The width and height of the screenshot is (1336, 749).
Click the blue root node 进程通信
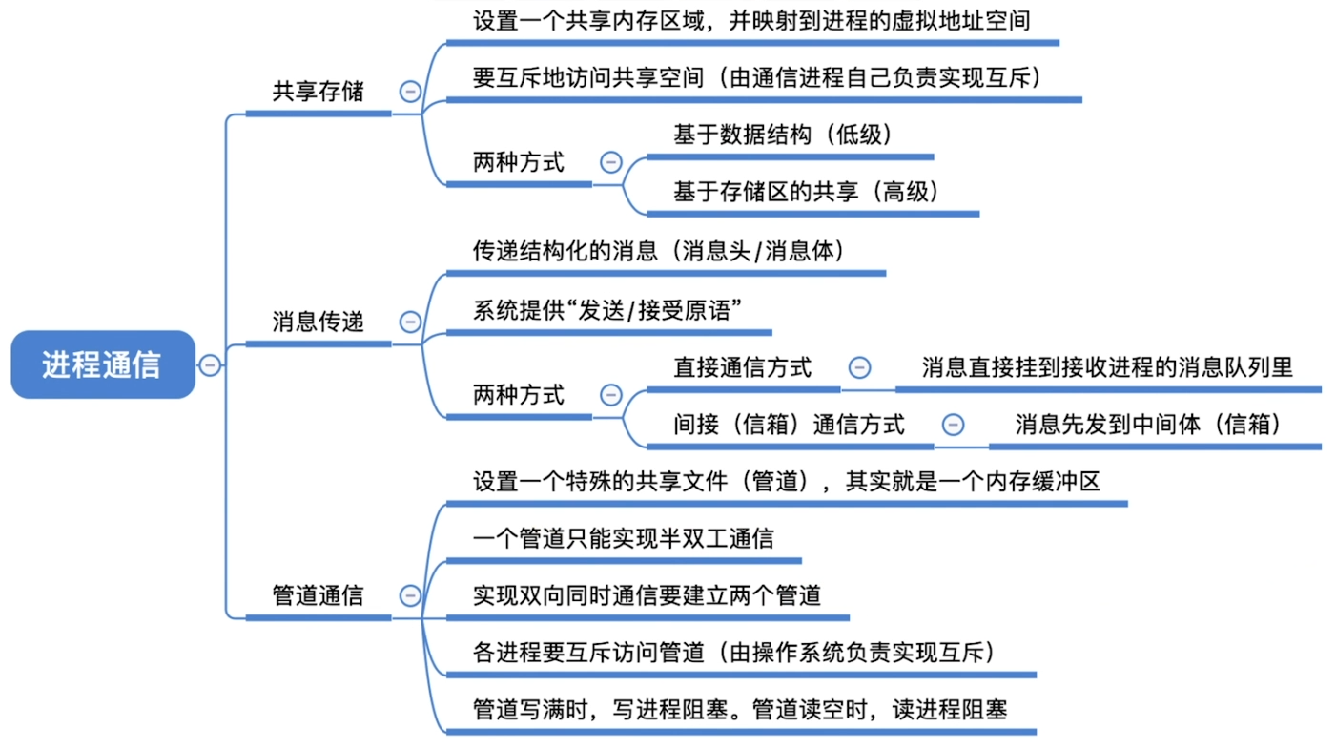[102, 364]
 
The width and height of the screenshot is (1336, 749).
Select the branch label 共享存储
[318, 92]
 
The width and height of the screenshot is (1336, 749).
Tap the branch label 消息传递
[318, 322]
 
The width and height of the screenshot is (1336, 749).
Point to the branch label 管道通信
[318, 595]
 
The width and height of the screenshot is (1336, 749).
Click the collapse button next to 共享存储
[410, 92]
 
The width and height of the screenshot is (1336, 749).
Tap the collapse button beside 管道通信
[410, 595]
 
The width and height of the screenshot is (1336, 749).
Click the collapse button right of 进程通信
[210, 364]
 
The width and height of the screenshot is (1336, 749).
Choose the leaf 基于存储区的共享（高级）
[807, 192]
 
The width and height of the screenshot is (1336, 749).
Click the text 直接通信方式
[743, 367]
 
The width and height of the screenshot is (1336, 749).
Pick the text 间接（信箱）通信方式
[789, 424]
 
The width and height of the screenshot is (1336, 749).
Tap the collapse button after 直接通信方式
[859, 367]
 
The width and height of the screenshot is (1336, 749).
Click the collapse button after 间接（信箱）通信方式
[952, 425]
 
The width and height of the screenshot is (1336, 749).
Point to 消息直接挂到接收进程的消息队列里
[1107, 367]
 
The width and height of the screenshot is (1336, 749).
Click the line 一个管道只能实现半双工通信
[623, 539]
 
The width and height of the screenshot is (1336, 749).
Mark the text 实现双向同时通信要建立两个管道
[647, 595]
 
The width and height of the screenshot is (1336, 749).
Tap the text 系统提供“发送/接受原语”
[607, 310]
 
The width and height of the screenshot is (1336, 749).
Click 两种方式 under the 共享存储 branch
[518, 162]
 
